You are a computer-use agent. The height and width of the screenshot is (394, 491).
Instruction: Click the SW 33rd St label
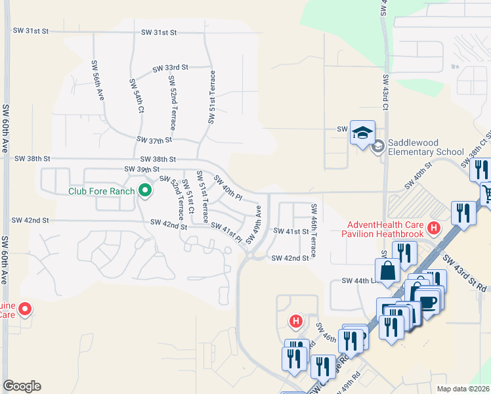click(171, 68)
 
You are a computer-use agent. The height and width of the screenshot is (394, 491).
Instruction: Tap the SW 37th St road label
click(154, 140)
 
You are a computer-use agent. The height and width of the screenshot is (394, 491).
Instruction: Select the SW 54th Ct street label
click(136, 96)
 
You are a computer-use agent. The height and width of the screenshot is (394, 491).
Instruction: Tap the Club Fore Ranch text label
click(102, 192)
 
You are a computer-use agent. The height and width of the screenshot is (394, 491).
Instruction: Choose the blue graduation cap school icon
click(362, 133)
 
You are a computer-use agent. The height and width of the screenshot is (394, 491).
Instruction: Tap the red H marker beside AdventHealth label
click(433, 229)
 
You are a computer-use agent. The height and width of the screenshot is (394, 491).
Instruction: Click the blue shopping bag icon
click(388, 269)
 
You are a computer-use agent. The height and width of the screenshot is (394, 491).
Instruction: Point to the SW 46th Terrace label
click(314, 230)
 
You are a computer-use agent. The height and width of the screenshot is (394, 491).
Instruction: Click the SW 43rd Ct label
click(386, 91)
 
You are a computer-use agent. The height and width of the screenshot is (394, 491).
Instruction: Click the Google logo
click(22, 386)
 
